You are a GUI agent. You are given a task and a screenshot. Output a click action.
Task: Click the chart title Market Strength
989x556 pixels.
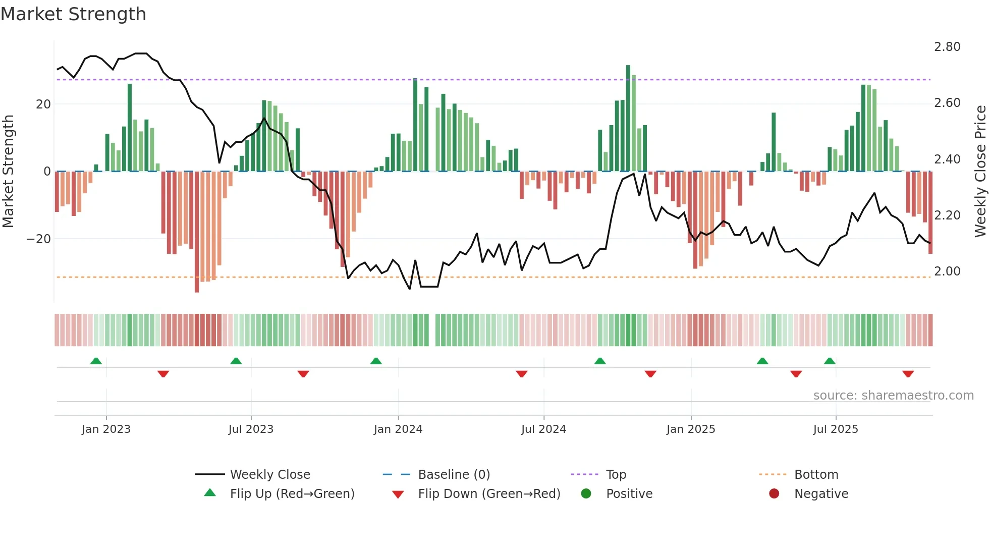click(x=73, y=14)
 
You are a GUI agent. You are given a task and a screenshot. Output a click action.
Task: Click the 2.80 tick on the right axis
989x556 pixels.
click(x=947, y=47)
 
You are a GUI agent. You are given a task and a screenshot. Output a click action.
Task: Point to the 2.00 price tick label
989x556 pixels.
click(x=947, y=271)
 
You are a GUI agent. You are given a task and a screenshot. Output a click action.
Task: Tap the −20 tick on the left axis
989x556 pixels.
click(x=39, y=239)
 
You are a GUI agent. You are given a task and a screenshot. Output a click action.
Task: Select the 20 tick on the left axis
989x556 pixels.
click(x=43, y=104)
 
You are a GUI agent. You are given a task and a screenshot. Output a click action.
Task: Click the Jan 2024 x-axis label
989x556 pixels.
click(x=398, y=429)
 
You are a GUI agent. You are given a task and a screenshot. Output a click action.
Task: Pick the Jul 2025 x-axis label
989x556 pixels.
click(x=835, y=429)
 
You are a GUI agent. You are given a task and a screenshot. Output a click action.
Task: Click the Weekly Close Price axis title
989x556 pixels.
click(x=980, y=172)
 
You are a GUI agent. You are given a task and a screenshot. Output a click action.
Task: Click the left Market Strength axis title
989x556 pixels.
click(x=9, y=172)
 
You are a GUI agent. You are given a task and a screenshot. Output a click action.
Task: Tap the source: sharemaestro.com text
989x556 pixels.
click(x=893, y=396)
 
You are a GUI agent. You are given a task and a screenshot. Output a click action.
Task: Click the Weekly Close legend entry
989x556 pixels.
click(x=269, y=475)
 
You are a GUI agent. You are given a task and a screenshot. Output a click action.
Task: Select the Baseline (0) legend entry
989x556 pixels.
click(x=454, y=475)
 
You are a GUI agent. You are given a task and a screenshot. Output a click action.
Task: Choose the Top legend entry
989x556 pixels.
click(x=616, y=475)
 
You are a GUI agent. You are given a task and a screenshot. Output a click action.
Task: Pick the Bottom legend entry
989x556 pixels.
click(x=816, y=475)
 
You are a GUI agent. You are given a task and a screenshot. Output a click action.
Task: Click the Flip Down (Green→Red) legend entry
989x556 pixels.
click(x=488, y=494)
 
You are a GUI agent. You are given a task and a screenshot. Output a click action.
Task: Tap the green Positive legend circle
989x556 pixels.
click(x=586, y=493)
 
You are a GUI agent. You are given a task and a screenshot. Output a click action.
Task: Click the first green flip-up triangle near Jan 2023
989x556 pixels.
click(x=96, y=361)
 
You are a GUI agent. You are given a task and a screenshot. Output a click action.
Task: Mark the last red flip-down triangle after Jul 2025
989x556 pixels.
click(x=908, y=374)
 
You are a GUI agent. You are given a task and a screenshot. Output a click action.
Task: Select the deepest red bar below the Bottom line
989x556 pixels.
click(x=197, y=232)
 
